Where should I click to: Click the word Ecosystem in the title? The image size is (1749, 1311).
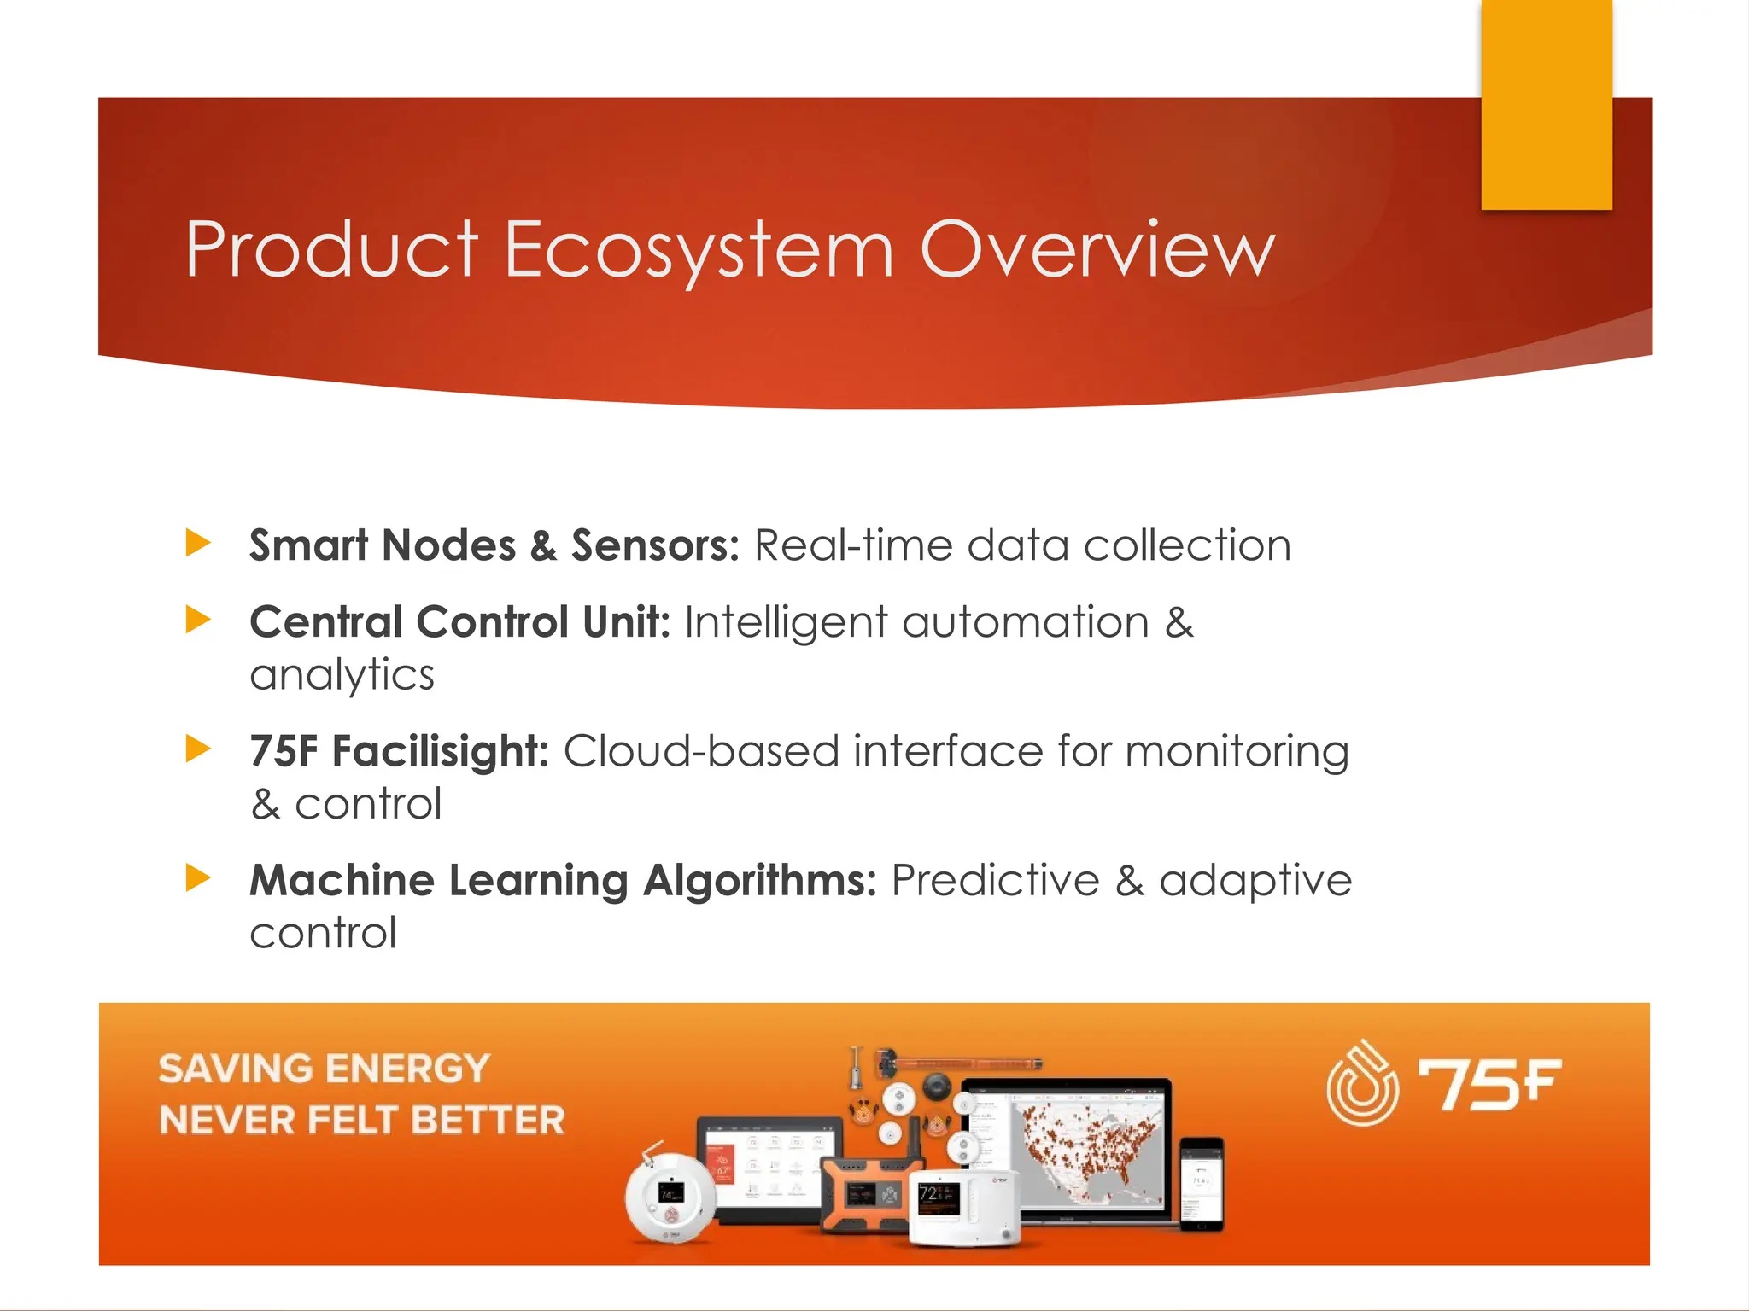[698, 250]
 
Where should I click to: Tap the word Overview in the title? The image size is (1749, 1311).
[1097, 250]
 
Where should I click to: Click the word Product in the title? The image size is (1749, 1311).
[331, 250]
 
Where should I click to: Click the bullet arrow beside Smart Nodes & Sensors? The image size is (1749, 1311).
[198, 543]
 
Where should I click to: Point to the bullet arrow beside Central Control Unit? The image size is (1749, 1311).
[198, 620]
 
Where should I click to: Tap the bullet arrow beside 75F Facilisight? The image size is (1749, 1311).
[198, 749]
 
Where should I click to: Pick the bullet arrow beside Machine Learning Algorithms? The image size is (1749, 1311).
[198, 877]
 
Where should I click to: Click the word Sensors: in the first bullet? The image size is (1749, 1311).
[655, 545]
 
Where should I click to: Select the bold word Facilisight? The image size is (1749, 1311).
[440, 752]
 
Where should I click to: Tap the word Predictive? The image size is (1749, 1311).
[995, 881]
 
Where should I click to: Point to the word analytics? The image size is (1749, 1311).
[342, 675]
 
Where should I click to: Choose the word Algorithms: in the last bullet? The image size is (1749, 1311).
[759, 881]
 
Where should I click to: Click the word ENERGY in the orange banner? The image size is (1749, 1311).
[407, 1069]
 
